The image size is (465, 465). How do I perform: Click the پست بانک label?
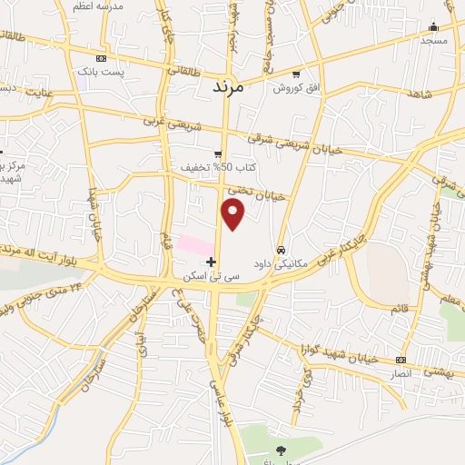coord(99,70)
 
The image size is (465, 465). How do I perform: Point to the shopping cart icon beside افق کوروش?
coord(296,74)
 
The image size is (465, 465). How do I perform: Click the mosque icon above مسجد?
coord(434,26)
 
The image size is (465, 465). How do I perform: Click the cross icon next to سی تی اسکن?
coord(212,262)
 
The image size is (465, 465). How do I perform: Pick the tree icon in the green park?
coord(280,450)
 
